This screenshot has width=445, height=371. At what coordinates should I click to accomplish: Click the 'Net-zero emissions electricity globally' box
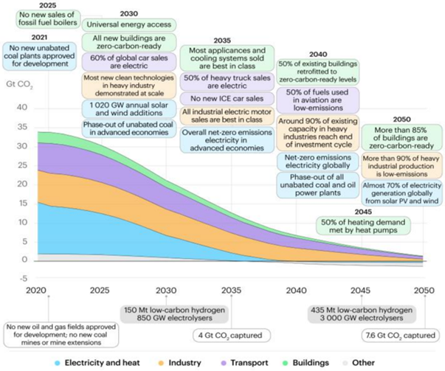(x=321, y=162)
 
